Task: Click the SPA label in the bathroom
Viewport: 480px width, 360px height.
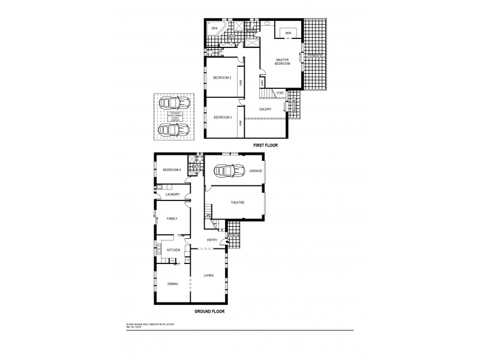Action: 214,29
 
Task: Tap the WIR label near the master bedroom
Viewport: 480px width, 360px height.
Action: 288,33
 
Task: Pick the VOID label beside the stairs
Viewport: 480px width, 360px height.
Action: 280,93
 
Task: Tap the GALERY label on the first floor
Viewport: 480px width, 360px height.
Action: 265,109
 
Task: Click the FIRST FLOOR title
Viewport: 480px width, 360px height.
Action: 265,146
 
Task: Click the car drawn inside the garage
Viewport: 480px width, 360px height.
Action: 227,171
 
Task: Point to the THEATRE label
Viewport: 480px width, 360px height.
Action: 238,203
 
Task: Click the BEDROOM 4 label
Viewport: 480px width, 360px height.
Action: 172,170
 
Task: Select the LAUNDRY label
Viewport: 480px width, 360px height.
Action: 172,194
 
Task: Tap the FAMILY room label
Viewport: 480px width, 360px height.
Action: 172,219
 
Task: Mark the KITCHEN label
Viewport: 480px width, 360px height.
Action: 173,250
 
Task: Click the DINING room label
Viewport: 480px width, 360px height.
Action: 173,284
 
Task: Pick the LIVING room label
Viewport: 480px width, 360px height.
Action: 208,275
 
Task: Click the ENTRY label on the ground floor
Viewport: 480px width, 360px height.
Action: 212,240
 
